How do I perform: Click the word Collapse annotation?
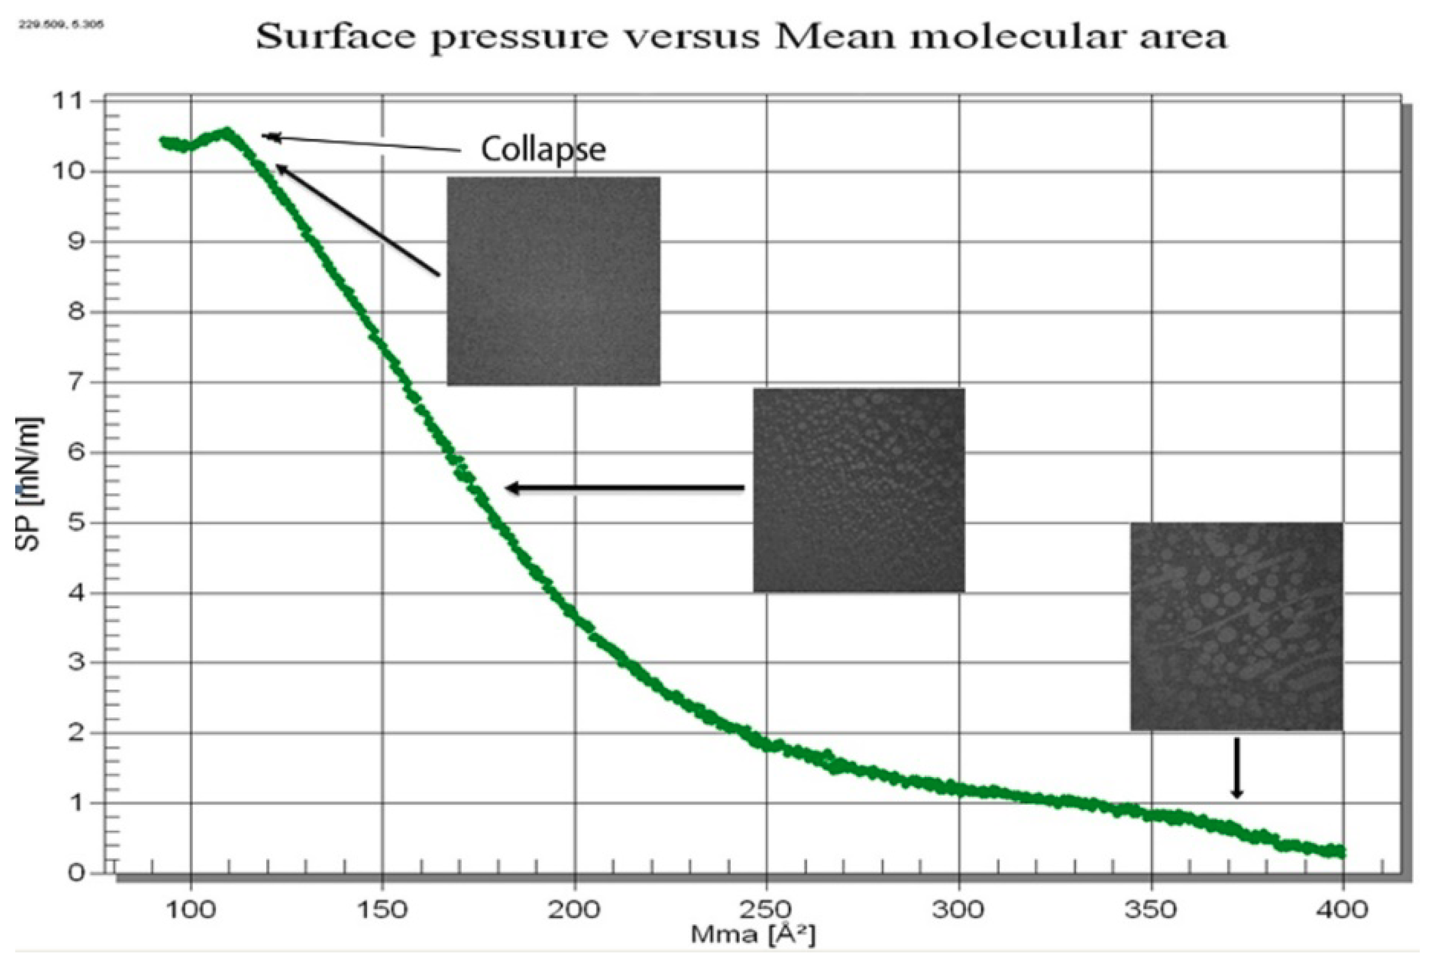pyautogui.click(x=543, y=150)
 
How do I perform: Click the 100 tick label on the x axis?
pyautogui.click(x=191, y=909)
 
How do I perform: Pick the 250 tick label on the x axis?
pyautogui.click(x=766, y=909)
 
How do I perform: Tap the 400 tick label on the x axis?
pyautogui.click(x=1342, y=909)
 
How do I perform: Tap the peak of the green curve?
pyautogui.click(x=227, y=131)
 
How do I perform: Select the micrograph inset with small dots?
pyautogui.click(x=859, y=490)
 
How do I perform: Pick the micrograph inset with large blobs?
pyautogui.click(x=1237, y=626)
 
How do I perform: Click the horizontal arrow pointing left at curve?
pyautogui.click(x=625, y=488)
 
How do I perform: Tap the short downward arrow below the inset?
pyautogui.click(x=1237, y=768)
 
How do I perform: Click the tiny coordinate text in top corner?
pyautogui.click(x=61, y=25)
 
